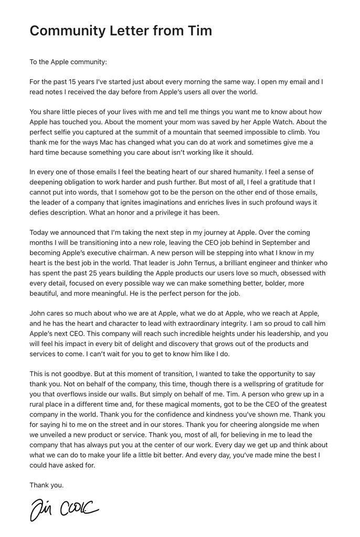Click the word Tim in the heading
coord(200,31)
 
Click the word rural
coord(38,404)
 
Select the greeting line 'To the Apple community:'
coord(68,62)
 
